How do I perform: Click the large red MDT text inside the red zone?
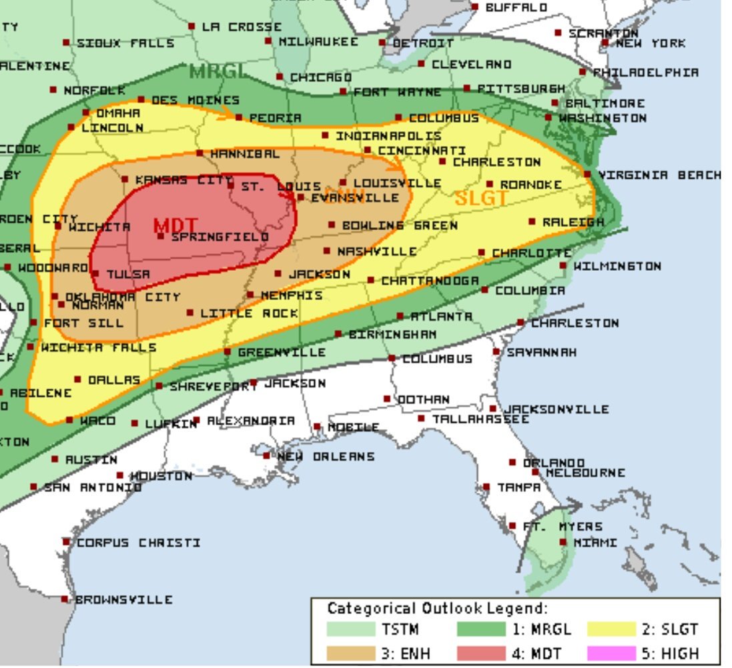pyautogui.click(x=176, y=225)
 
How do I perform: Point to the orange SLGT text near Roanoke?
pyautogui.click(x=481, y=198)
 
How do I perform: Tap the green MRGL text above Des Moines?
pyautogui.click(x=218, y=71)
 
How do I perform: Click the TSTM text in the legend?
pyautogui.click(x=400, y=629)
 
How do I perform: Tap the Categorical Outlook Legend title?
pyautogui.click(x=437, y=608)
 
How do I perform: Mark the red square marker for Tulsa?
pyautogui.click(x=95, y=273)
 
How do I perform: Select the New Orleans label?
pyautogui.click(x=325, y=457)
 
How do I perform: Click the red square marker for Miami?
pyautogui.click(x=562, y=543)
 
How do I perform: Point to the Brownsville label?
pyautogui.click(x=123, y=599)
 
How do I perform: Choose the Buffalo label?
pyautogui.click(x=516, y=7)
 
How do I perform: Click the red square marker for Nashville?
pyautogui.click(x=326, y=251)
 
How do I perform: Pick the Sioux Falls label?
pyautogui.click(x=125, y=43)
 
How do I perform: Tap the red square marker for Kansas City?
pyautogui.click(x=125, y=179)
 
